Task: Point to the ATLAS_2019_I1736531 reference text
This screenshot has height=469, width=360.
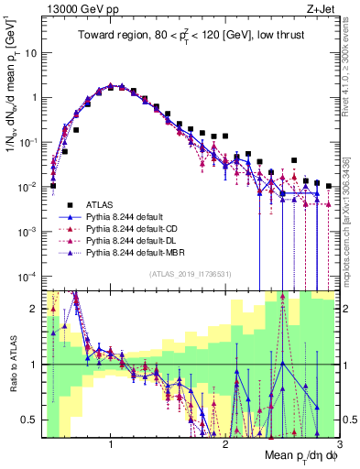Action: pos(191,274)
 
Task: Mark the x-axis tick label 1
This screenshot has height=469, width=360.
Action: pos(111,443)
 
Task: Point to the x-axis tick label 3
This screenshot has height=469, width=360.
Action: pos(338,443)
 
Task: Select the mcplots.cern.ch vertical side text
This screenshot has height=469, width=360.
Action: pos(349,211)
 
